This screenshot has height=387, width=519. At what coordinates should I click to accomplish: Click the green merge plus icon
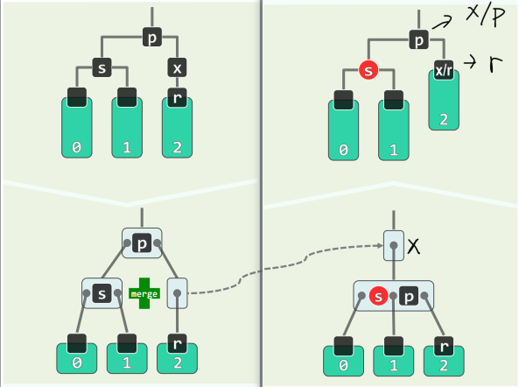pos(144,294)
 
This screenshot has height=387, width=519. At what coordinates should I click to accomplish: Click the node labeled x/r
pos(444,70)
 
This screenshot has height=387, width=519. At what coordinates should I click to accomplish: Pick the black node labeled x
pos(177,67)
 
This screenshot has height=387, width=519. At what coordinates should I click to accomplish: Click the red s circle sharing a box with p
pos(378,295)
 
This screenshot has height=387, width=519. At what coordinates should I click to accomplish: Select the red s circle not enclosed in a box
pos(368,70)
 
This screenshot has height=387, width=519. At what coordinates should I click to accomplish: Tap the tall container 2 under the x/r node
pos(444,105)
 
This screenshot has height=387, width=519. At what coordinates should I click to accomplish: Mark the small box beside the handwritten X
pos(393,247)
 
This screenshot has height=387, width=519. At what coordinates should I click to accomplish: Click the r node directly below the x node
pos(177,98)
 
